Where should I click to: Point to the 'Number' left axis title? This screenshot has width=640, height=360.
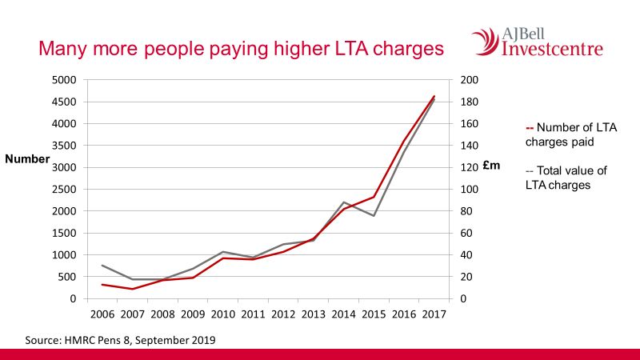tap(27, 159)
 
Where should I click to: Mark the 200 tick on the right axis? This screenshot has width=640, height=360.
tap(469, 80)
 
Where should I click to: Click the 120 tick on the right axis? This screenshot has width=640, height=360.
tap(469, 168)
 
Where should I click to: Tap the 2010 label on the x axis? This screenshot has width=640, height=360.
tap(222, 314)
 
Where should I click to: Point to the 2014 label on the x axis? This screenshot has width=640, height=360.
tap(344, 314)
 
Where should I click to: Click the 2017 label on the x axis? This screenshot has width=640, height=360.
tap(434, 314)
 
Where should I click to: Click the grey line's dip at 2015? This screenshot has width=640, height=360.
tap(374, 215)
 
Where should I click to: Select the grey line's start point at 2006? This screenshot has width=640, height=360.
tap(102, 265)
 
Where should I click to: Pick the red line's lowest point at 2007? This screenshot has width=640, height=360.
tap(132, 289)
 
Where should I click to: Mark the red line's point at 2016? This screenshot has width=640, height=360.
tap(404, 142)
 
